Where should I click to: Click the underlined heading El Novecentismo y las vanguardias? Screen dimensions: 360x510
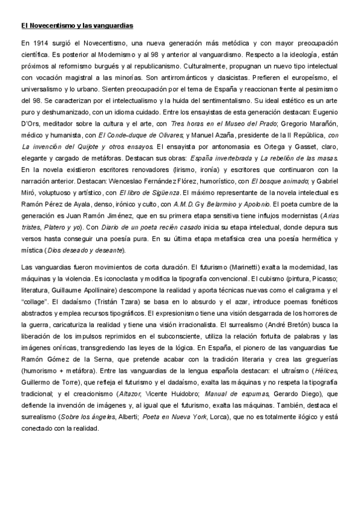77,26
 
